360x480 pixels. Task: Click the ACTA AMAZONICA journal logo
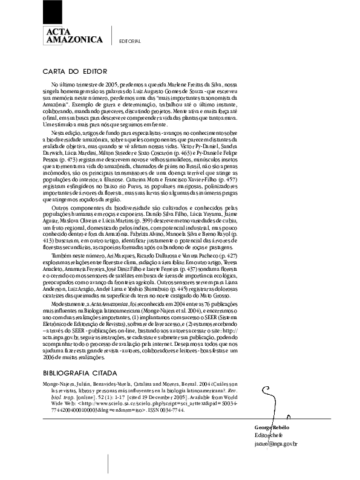(73, 36)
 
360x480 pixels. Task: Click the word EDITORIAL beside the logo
(130, 41)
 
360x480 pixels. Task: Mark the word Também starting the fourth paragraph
(63, 255)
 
